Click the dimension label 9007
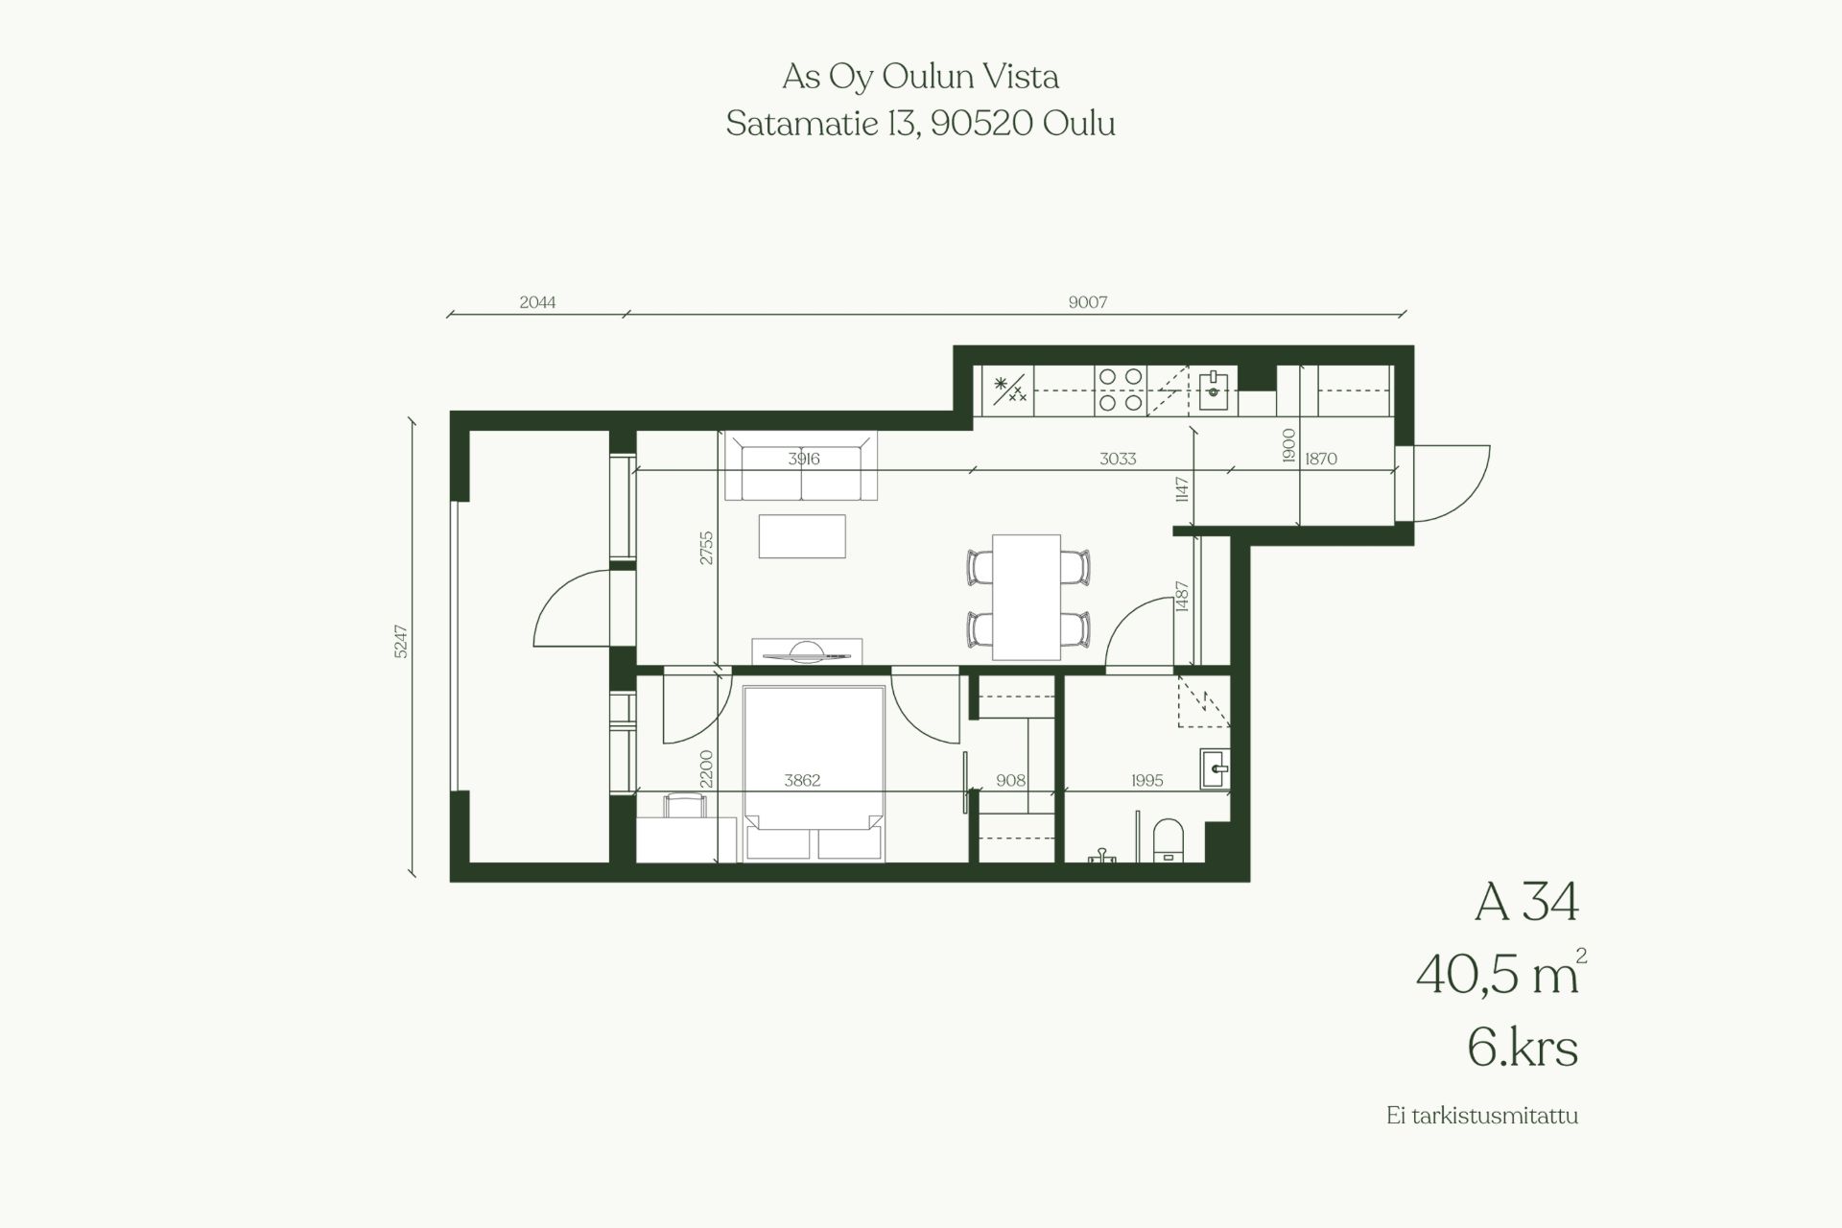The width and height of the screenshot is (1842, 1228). click(x=1088, y=302)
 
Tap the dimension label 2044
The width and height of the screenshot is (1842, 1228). click(x=537, y=302)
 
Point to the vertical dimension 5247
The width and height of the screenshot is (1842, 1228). click(x=401, y=641)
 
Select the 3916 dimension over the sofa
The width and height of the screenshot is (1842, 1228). click(x=804, y=459)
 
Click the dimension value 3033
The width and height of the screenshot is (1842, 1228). click(x=1118, y=459)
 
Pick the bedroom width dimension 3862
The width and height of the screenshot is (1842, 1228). click(x=802, y=780)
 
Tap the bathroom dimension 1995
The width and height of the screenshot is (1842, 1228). click(x=1146, y=780)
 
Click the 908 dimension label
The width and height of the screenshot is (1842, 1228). click(x=1011, y=780)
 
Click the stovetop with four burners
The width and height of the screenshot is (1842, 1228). click(x=1121, y=390)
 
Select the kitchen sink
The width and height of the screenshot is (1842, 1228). click(x=1214, y=390)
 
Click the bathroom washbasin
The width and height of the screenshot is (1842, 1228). click(x=1215, y=768)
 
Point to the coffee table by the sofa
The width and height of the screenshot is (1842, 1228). click(x=802, y=536)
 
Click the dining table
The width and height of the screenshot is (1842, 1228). click(x=1027, y=597)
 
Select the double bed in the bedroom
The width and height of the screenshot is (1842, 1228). click(x=814, y=772)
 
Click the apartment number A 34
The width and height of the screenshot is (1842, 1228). click(x=1526, y=902)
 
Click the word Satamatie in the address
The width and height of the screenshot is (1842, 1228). click(x=802, y=124)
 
